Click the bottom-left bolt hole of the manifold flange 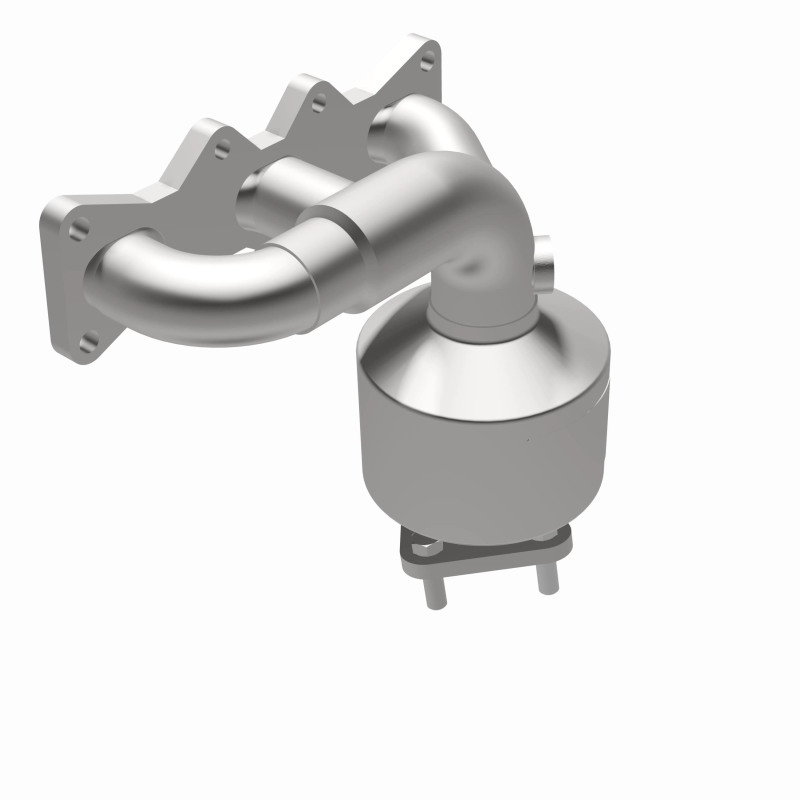[x=89, y=343]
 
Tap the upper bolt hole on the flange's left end [x=77, y=228]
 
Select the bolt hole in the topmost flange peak [x=428, y=62]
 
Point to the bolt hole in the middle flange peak [x=320, y=101]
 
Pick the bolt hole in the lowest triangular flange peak [x=222, y=147]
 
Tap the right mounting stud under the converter [x=545, y=577]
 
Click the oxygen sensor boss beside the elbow [x=542, y=262]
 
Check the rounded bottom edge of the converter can [x=480, y=525]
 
